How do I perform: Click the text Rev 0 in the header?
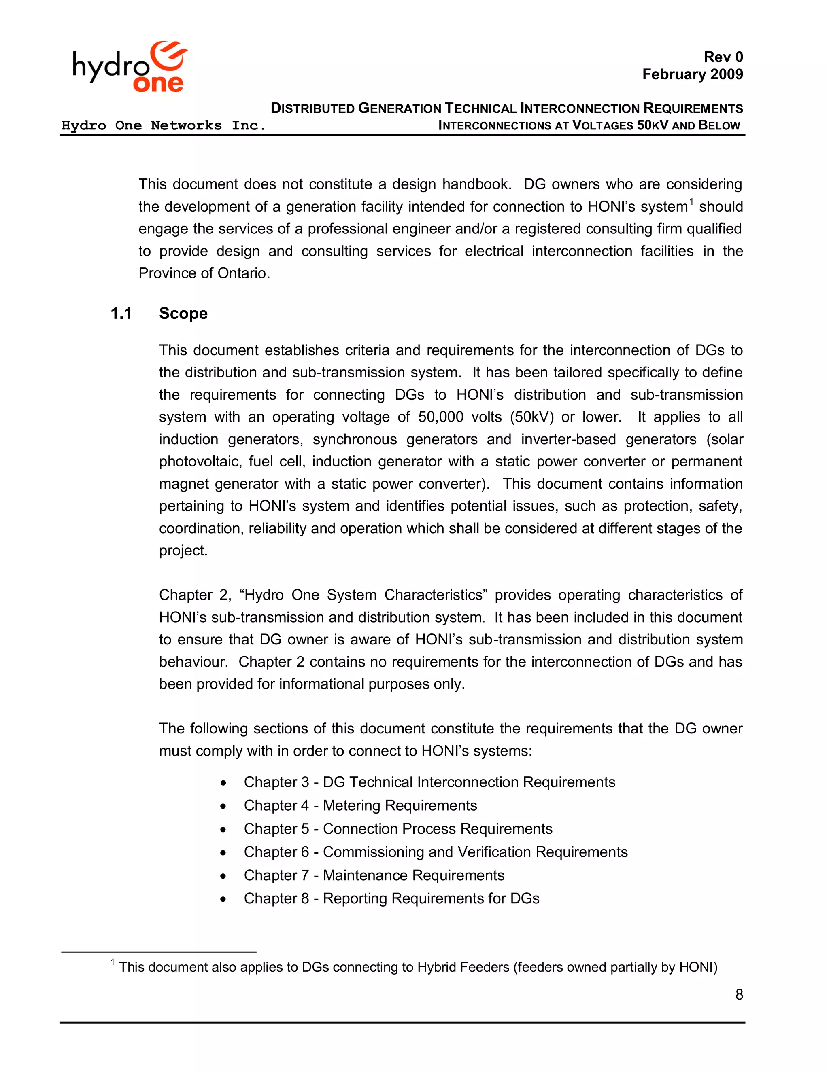click(x=723, y=57)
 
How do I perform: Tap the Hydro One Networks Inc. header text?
click(x=163, y=126)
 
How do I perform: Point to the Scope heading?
click(x=183, y=313)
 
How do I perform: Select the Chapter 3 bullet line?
click(x=429, y=782)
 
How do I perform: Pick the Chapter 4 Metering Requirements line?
click(x=360, y=805)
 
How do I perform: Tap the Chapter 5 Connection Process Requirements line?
click(x=398, y=828)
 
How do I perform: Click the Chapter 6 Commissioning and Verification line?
click(x=435, y=852)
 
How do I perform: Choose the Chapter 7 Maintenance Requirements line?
click(x=374, y=875)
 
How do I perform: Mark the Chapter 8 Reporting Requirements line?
click(x=391, y=898)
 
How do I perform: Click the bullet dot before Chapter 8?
click(x=223, y=899)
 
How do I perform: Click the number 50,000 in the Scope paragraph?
click(x=440, y=417)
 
